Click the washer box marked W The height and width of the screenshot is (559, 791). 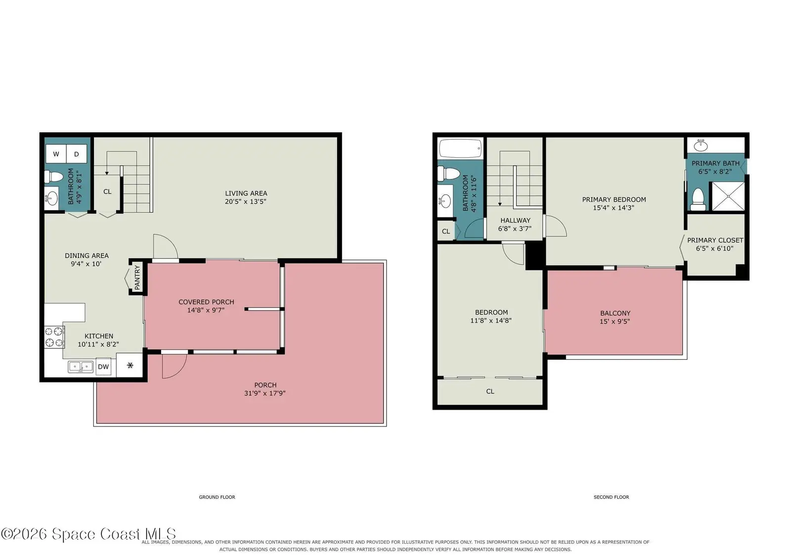[x=56, y=154]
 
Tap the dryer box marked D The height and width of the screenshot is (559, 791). [x=77, y=154]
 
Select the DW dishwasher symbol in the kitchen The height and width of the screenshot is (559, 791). [x=103, y=367]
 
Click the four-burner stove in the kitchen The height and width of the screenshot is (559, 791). [x=54, y=337]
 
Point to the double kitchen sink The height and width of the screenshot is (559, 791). [x=81, y=367]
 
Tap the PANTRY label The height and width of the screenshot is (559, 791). [x=137, y=277]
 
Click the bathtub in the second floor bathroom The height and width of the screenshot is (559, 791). [x=460, y=148]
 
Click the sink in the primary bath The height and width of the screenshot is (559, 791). [x=701, y=145]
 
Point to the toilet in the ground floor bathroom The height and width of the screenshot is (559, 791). [x=54, y=176]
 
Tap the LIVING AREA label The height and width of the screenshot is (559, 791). [x=246, y=193]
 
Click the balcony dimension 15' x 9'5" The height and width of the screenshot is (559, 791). [x=615, y=321]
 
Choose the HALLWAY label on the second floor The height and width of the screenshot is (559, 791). [x=515, y=220]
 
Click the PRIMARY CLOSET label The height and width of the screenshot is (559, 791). [x=715, y=240]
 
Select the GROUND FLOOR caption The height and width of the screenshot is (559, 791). [x=217, y=497]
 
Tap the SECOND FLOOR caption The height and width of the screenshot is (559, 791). [x=611, y=497]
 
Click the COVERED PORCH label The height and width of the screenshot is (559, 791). [x=206, y=302]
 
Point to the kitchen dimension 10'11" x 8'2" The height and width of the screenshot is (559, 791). [x=98, y=344]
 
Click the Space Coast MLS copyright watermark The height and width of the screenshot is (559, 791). [x=88, y=534]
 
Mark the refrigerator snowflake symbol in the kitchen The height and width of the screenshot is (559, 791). [x=130, y=365]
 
